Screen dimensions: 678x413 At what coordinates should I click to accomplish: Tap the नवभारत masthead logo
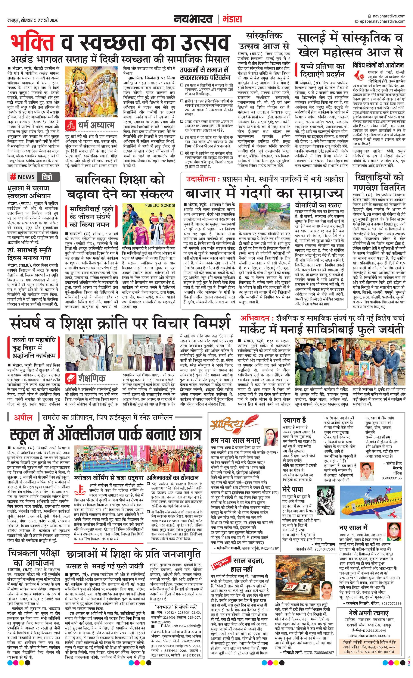click(x=193, y=19)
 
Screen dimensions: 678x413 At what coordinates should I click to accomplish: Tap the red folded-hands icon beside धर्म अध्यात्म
click(x=71, y=125)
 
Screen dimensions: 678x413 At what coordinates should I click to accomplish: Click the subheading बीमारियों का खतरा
click(x=318, y=205)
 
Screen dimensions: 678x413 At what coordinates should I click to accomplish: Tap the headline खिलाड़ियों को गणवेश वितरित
click(x=379, y=182)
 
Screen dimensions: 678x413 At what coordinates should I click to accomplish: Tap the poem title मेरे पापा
click(x=292, y=490)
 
